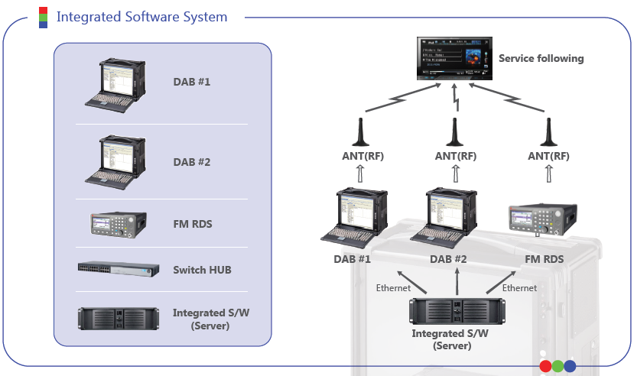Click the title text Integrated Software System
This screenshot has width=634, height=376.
point(141,17)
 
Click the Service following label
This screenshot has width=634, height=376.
point(541,58)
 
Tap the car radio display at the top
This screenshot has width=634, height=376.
point(453,58)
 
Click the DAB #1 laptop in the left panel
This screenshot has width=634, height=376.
point(115,83)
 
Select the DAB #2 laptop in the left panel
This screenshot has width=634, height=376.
point(115,162)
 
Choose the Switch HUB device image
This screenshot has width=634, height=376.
point(119,269)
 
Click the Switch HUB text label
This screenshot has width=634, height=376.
point(202,270)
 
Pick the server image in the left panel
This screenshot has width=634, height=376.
point(119,318)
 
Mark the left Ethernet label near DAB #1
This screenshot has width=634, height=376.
point(393,288)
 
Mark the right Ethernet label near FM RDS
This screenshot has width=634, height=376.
point(519,288)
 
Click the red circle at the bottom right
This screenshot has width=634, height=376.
point(545,366)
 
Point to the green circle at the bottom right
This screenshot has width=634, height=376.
point(558,366)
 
